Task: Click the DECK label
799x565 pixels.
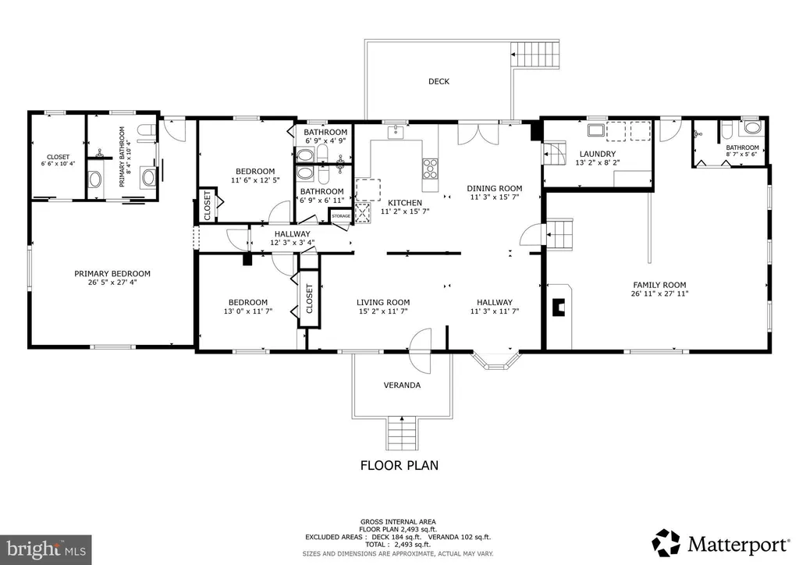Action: [x=439, y=81]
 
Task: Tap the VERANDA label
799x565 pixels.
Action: [x=402, y=386]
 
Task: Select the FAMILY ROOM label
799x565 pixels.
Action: [x=659, y=285]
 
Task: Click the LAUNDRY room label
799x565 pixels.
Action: [x=598, y=154]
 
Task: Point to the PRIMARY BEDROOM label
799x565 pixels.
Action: [x=112, y=274]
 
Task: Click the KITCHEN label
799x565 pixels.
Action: [x=405, y=203]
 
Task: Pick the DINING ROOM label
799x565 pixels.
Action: [x=494, y=189]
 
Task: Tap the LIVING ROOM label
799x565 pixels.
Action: [x=383, y=302]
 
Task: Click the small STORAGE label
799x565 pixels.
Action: [x=341, y=216]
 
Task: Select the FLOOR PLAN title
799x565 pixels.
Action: [x=399, y=465]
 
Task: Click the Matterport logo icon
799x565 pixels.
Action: [x=666, y=542]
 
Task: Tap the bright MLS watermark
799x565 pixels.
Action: [x=46, y=549]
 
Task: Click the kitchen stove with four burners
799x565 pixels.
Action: [x=430, y=168]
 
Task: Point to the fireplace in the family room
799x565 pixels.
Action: [x=559, y=307]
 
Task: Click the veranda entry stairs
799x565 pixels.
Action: [x=402, y=433]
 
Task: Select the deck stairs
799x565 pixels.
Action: [x=535, y=54]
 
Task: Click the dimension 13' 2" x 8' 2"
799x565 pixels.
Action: [x=598, y=163]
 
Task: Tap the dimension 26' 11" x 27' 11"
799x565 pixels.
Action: [x=659, y=293]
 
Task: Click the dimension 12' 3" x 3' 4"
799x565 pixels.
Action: [x=292, y=243]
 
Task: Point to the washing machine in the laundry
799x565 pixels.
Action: [x=596, y=130]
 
